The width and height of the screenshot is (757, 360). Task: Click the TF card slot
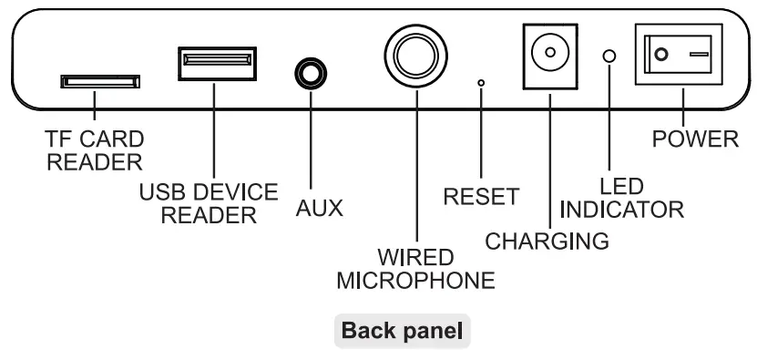(101, 82)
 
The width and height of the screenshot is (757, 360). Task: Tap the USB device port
(216, 62)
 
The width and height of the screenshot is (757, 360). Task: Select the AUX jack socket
(311, 71)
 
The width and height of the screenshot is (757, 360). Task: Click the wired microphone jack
(415, 51)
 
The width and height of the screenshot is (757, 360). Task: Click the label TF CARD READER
(96, 151)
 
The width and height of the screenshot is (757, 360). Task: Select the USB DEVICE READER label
(209, 203)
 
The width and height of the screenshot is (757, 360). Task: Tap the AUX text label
(320, 208)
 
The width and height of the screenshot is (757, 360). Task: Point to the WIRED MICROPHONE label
(415, 265)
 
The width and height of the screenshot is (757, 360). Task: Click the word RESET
(480, 196)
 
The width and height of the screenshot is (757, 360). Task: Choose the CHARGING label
(547, 242)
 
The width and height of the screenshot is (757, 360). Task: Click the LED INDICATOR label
(621, 197)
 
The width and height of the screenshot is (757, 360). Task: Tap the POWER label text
(696, 139)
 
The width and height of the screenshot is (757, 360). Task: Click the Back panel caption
(404, 331)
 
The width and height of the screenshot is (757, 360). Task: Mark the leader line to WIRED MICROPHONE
(415, 164)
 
